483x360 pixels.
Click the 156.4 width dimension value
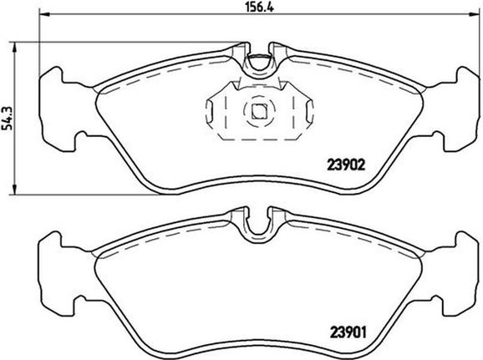259,7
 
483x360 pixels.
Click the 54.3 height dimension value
7,119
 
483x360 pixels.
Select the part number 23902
346,165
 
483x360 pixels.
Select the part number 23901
348,332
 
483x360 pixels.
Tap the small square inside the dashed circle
259,111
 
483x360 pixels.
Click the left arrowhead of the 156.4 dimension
45,14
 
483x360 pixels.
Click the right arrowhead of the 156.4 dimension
474,14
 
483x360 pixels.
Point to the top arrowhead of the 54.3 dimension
14,48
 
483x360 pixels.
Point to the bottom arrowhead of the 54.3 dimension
14,189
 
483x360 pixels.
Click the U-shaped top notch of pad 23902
259,63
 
